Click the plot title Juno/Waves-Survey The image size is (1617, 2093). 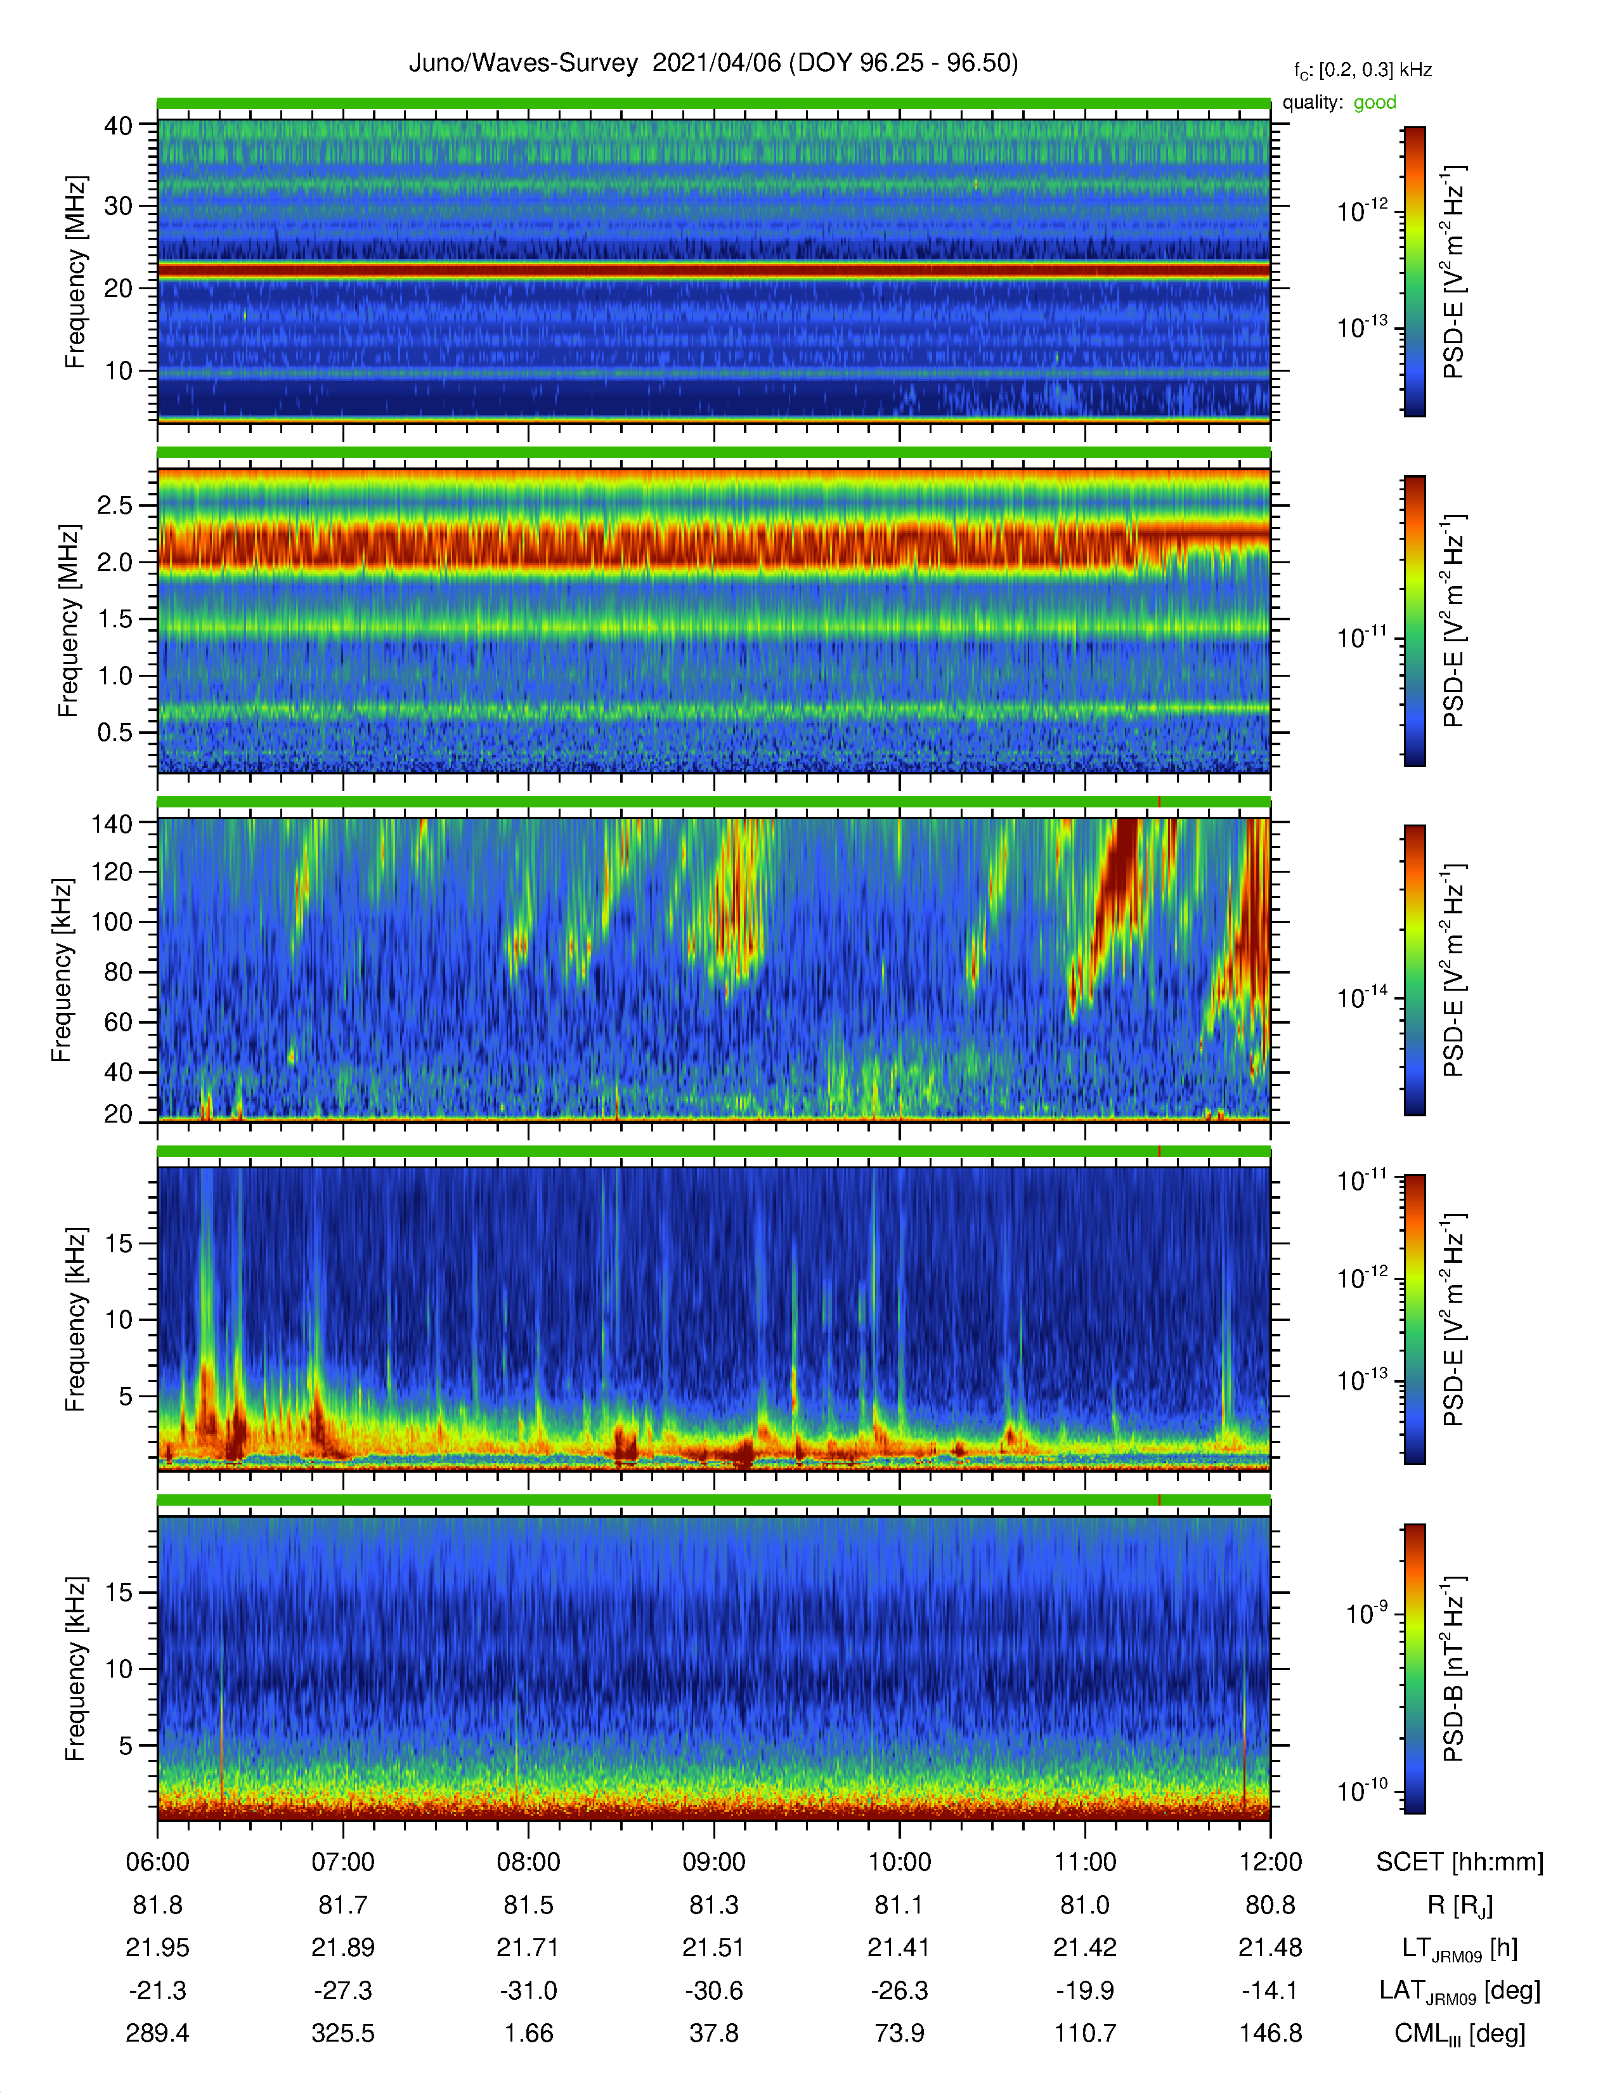pyautogui.click(x=523, y=63)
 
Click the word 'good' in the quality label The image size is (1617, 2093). pyautogui.click(x=1375, y=103)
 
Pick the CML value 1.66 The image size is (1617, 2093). pyautogui.click(x=529, y=2033)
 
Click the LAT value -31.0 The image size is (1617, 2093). pyautogui.click(x=529, y=1990)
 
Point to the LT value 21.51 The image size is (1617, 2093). pyautogui.click(x=713, y=1947)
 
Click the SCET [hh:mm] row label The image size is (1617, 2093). pyautogui.click(x=1460, y=1862)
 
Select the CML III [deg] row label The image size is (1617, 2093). pyautogui.click(x=1460, y=2033)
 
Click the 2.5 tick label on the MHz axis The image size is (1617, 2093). pyautogui.click(x=115, y=505)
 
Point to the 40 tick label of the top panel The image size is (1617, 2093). pyautogui.click(x=118, y=126)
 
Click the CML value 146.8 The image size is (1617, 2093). pyautogui.click(x=1270, y=2033)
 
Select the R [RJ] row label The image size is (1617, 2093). pyautogui.click(x=1460, y=1905)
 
